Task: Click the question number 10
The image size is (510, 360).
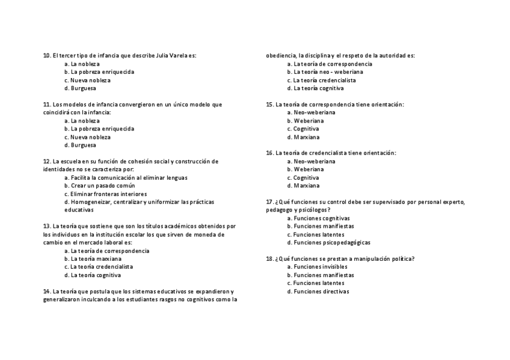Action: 47,56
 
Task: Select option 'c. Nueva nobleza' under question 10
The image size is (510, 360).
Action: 87,80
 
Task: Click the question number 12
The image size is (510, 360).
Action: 47,162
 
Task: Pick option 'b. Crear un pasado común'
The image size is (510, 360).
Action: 99,186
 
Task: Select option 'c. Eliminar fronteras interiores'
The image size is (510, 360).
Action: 105,194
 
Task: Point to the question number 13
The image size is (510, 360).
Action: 47,226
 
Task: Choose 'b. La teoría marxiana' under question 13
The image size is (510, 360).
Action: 92,259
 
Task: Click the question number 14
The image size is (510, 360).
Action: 47,291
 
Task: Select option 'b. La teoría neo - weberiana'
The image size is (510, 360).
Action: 324,72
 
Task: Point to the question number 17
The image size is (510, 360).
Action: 270,202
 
